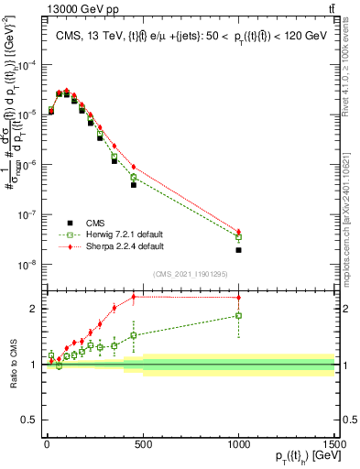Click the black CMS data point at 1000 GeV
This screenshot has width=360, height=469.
tap(238, 249)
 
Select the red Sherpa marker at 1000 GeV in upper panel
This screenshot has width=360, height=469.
tap(238, 232)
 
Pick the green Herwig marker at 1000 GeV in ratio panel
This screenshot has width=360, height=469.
tap(238, 316)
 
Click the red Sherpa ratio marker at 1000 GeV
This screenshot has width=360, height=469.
tap(238, 298)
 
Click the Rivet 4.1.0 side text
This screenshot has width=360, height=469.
tap(351, 55)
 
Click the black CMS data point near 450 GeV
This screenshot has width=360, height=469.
tap(134, 184)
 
